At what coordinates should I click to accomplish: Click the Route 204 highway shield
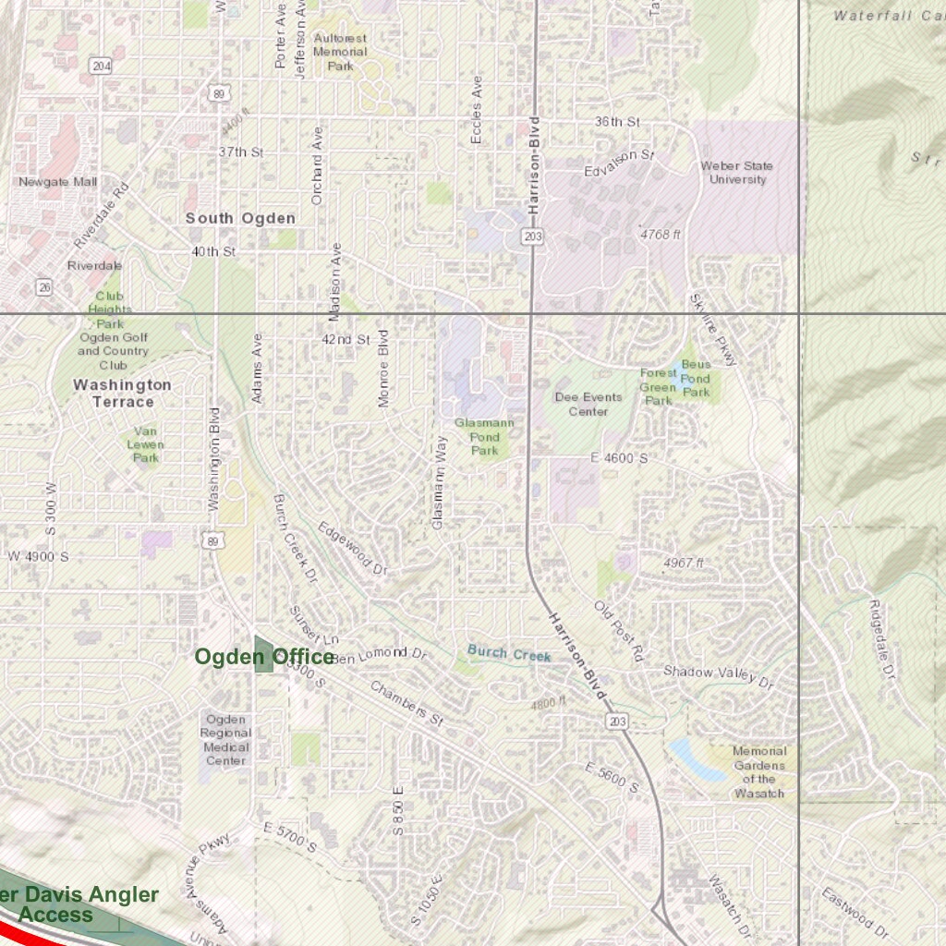(x=101, y=66)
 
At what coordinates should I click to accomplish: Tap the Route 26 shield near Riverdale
(x=45, y=287)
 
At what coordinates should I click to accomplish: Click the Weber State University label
(x=736, y=173)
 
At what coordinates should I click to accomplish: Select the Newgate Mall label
(x=57, y=182)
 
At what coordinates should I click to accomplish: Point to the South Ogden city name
(x=240, y=218)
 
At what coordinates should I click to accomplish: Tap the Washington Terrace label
(x=122, y=393)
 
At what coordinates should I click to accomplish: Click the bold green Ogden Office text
(x=264, y=657)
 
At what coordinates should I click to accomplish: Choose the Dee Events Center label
(x=588, y=404)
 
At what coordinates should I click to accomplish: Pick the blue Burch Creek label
(x=508, y=652)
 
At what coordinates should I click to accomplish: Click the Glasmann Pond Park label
(x=484, y=436)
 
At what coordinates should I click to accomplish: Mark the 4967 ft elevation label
(x=684, y=563)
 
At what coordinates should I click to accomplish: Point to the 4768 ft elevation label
(x=660, y=235)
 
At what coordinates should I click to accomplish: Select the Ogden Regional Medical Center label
(x=226, y=740)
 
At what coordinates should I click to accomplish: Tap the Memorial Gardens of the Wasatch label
(x=759, y=772)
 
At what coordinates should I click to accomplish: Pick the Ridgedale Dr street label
(x=883, y=641)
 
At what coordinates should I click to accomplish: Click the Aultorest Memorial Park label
(x=340, y=52)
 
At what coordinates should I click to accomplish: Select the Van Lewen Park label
(x=145, y=444)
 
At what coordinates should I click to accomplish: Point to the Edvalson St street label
(x=619, y=164)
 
